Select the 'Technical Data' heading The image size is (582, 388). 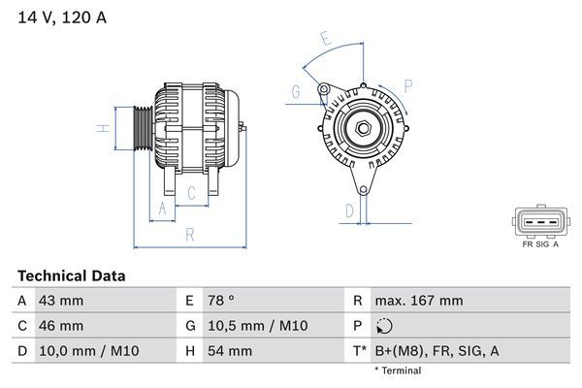point(71,276)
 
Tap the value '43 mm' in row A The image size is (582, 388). point(60,301)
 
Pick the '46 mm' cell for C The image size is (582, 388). point(60,326)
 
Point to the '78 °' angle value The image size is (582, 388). point(221,301)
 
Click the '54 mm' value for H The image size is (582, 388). point(229,351)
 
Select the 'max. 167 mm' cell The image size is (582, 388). point(421,301)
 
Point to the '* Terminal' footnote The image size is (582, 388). point(399,371)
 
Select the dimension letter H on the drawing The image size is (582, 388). point(102,128)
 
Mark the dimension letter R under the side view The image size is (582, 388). point(190,234)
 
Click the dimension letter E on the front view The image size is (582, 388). point(327,40)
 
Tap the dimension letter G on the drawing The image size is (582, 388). point(295,92)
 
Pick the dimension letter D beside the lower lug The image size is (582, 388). point(349,209)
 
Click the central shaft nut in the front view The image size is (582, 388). point(361,129)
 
